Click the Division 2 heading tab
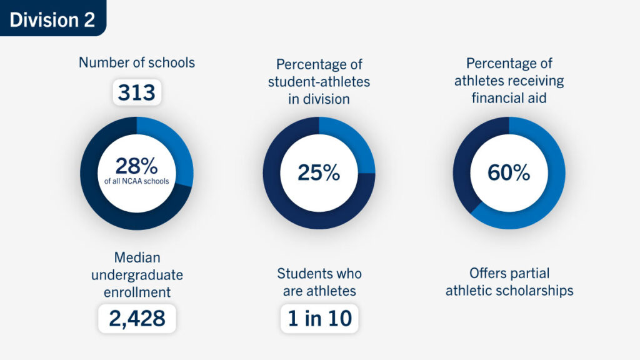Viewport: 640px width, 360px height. [52, 19]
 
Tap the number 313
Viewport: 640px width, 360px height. [137, 93]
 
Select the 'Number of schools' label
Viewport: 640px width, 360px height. [137, 62]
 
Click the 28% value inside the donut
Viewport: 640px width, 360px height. [136, 167]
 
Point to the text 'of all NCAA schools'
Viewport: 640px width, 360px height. [137, 182]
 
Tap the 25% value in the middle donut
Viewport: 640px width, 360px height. [319, 172]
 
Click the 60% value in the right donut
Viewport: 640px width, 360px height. [509, 172]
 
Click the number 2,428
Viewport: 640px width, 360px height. [137, 319]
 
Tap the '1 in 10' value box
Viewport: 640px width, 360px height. [319, 319]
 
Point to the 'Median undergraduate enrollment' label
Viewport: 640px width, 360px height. [137, 275]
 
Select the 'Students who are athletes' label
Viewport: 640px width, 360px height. [319, 282]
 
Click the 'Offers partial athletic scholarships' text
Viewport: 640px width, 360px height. [509, 282]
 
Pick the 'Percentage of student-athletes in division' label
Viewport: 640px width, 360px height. [319, 82]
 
